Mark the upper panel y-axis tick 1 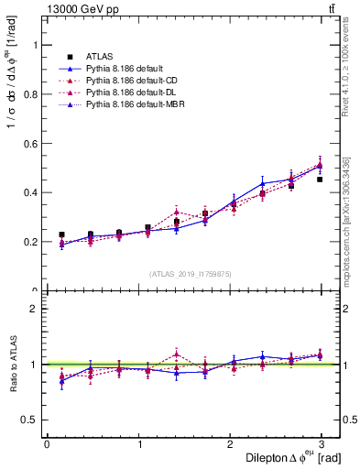coord(37,44)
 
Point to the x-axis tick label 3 coord(325,442)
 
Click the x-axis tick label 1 coord(139,442)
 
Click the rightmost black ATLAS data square coord(320,180)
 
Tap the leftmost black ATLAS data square coord(61,234)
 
